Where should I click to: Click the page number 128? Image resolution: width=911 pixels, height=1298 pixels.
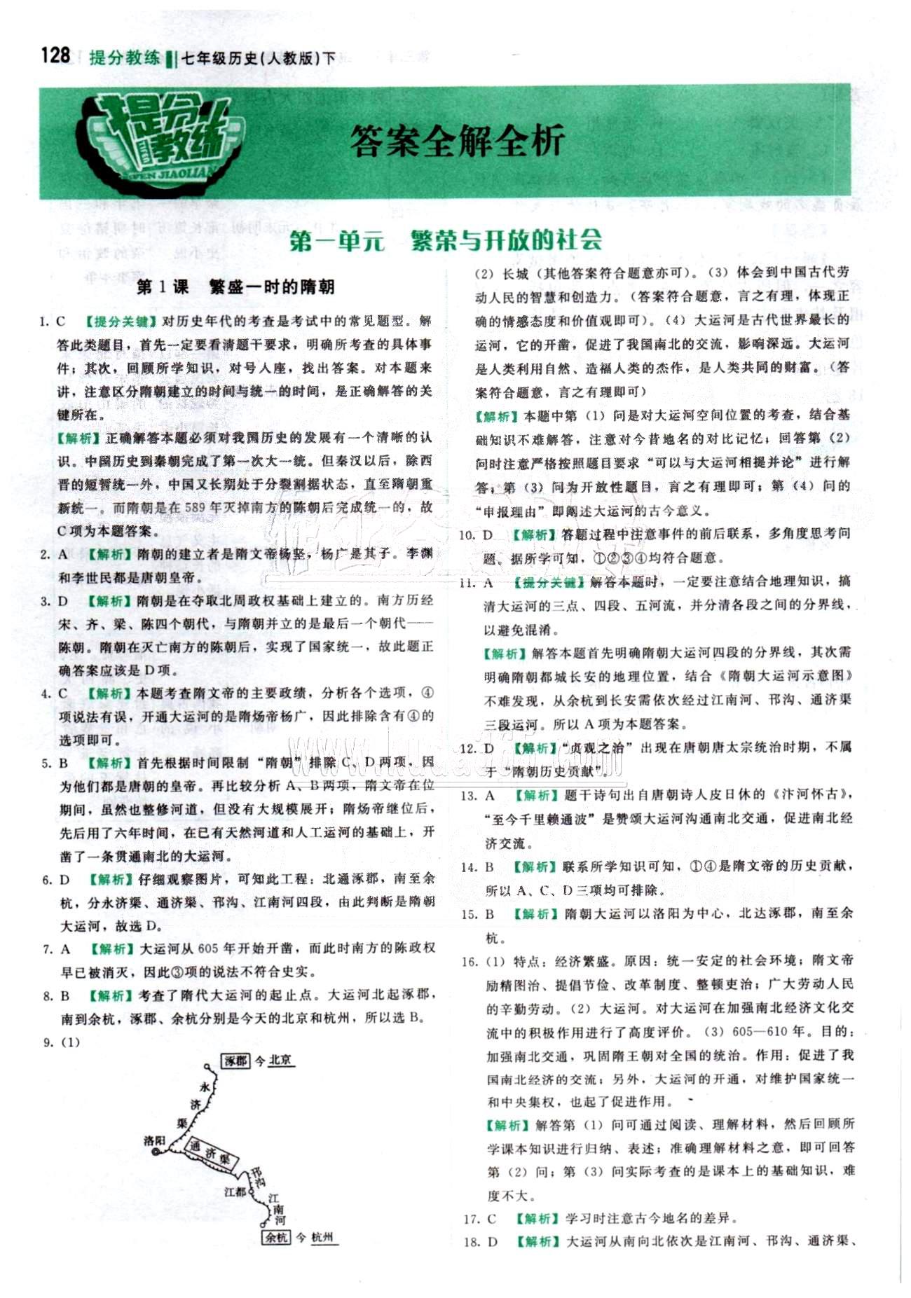tap(55, 55)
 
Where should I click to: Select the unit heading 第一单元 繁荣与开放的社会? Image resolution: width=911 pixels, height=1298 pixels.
tap(446, 240)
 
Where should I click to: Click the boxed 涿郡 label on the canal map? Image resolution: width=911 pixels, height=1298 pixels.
tap(237, 1061)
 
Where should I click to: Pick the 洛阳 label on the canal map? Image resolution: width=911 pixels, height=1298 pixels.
tap(154, 1141)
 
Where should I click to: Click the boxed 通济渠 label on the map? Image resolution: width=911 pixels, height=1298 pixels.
tap(209, 1152)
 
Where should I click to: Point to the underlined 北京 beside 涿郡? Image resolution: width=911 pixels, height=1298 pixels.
tap(280, 1061)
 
